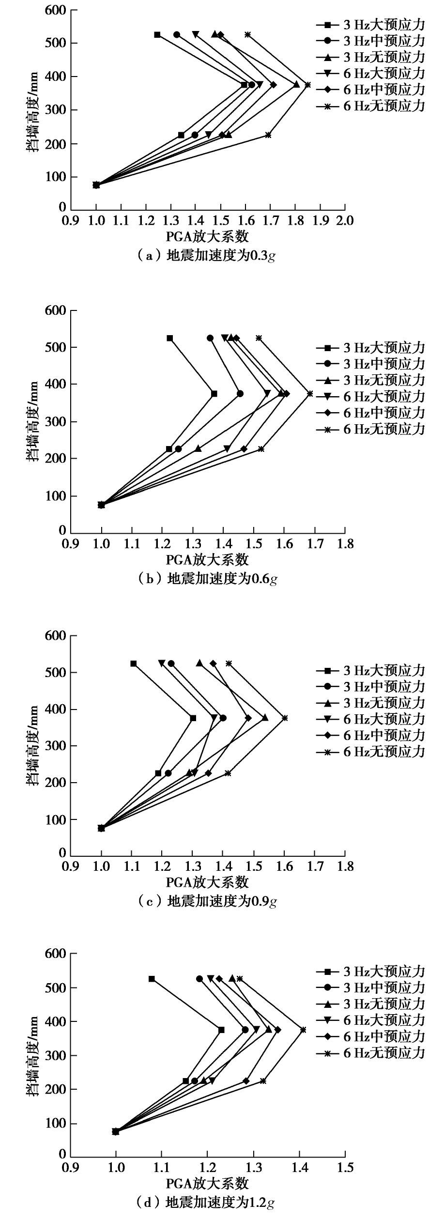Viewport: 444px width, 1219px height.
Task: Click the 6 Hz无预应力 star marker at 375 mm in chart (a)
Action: [x=307, y=85]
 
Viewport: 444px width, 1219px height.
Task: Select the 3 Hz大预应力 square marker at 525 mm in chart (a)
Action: [x=157, y=34]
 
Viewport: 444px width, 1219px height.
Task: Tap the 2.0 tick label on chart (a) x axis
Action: [x=344, y=221]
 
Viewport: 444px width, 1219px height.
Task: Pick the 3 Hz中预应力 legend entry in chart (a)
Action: [x=371, y=40]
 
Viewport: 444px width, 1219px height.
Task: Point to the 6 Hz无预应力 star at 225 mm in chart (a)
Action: [x=268, y=135]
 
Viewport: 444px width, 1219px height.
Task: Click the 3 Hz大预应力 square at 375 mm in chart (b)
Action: [x=214, y=393]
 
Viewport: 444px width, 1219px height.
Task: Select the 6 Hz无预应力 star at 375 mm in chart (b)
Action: [x=310, y=393]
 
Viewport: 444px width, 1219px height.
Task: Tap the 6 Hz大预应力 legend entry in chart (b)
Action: [x=371, y=396]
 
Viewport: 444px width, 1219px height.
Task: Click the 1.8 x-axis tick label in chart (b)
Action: [x=344, y=544]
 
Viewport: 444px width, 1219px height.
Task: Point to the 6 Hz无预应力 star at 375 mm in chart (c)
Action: [x=285, y=718]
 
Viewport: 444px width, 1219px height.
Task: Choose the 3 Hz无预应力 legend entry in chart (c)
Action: [x=371, y=703]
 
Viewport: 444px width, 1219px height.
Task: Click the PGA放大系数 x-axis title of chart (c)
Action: [x=207, y=883]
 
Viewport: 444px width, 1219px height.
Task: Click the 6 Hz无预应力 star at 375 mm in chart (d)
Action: [x=303, y=1030]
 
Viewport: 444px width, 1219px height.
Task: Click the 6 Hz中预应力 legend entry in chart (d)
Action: [x=371, y=1036]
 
